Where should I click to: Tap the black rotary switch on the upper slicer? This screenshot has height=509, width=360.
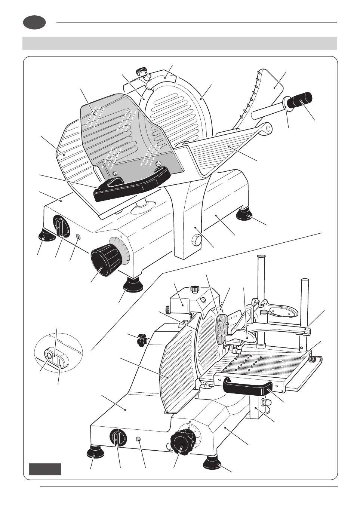point(60,226)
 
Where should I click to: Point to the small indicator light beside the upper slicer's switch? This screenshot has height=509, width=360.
point(78,237)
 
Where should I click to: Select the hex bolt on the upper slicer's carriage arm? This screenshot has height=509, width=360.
point(196,239)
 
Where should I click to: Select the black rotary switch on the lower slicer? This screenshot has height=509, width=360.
point(117,438)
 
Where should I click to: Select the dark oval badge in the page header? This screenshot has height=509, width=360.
point(34,22)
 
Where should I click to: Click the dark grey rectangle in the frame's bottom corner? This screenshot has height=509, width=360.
point(45,469)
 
